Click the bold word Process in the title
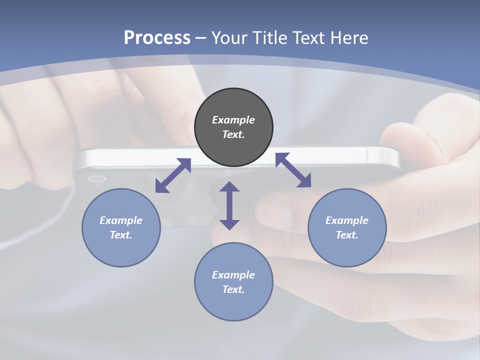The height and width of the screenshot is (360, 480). point(157,38)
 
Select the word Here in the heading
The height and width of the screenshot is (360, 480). point(350,38)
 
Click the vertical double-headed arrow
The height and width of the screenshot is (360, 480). point(229,205)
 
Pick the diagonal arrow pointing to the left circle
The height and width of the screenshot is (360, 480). point(173,175)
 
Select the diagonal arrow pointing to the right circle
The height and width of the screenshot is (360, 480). point(293,170)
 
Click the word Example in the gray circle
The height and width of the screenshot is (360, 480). point(233,120)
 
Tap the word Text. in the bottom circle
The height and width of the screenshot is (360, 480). point(233,289)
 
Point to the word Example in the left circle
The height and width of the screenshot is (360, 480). point(121,220)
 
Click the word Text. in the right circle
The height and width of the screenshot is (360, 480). point(347,235)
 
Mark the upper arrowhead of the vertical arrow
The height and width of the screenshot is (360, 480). point(229,187)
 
